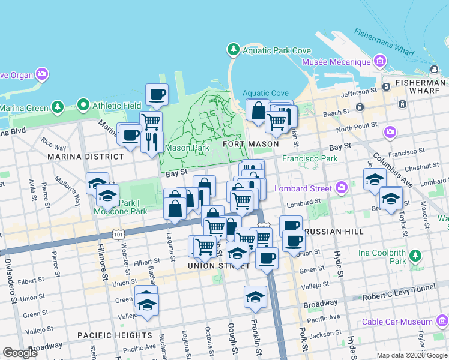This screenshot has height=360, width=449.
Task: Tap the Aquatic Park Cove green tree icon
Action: (233, 49)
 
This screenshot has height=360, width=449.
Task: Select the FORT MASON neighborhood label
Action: (250, 144)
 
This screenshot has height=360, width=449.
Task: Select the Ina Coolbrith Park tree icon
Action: (415, 257)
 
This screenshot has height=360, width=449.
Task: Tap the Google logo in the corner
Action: (20, 353)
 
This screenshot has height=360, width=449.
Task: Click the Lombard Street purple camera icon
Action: (342, 188)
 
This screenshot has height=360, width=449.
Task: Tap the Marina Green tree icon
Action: (57, 107)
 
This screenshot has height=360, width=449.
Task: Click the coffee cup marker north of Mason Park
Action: (157, 94)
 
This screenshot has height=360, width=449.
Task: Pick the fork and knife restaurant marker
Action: (152, 142)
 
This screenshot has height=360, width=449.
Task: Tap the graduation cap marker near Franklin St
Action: (255, 297)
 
